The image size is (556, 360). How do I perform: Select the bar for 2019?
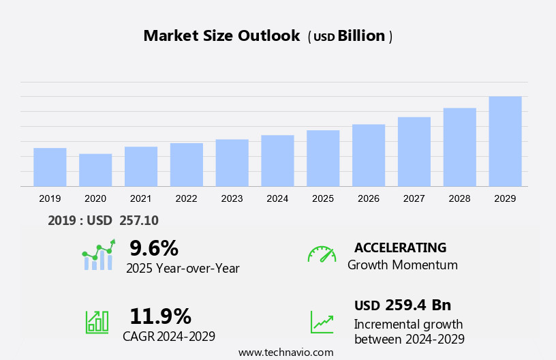coord(50,167)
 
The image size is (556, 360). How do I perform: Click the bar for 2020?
coord(95,170)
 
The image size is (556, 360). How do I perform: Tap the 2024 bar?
coord(277,160)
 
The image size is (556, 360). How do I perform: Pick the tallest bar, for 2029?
coord(505,141)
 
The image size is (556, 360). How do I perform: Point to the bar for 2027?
coord(414,151)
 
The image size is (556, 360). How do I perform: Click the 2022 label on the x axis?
coord(186,198)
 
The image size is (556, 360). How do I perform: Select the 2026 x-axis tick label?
coord(369,198)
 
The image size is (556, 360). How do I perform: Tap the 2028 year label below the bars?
coord(460,198)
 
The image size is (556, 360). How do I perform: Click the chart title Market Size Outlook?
coord(221,36)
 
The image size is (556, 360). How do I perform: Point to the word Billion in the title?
coord(361,36)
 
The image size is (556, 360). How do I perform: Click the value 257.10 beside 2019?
coord(139,220)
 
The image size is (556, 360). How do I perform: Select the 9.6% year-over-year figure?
coord(154,247)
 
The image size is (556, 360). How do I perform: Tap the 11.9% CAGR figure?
coord(160,316)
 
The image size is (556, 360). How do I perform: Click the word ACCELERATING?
coord(400,247)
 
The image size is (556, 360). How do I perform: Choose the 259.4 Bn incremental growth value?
coord(418,305)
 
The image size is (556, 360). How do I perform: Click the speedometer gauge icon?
coord(322,254)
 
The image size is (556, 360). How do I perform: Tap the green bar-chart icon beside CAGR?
coord(97,322)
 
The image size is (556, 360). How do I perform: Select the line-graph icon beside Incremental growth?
coord(322,322)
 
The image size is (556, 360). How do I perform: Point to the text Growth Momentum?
coord(402,265)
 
